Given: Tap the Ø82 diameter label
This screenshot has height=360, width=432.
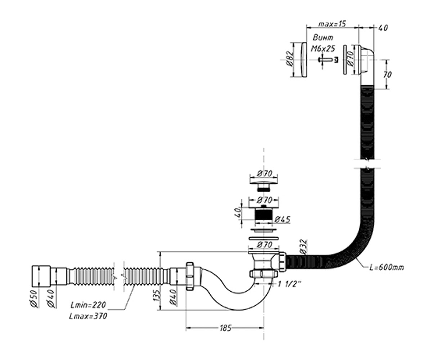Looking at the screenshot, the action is tap(290, 58).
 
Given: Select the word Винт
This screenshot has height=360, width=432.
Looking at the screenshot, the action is tap(323, 38).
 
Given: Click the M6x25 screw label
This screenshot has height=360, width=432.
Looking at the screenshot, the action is tap(323, 49).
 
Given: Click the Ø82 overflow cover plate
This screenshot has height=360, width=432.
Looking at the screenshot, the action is tap(304, 60).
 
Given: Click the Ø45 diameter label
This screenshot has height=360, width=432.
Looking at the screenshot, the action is tap(282, 219).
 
